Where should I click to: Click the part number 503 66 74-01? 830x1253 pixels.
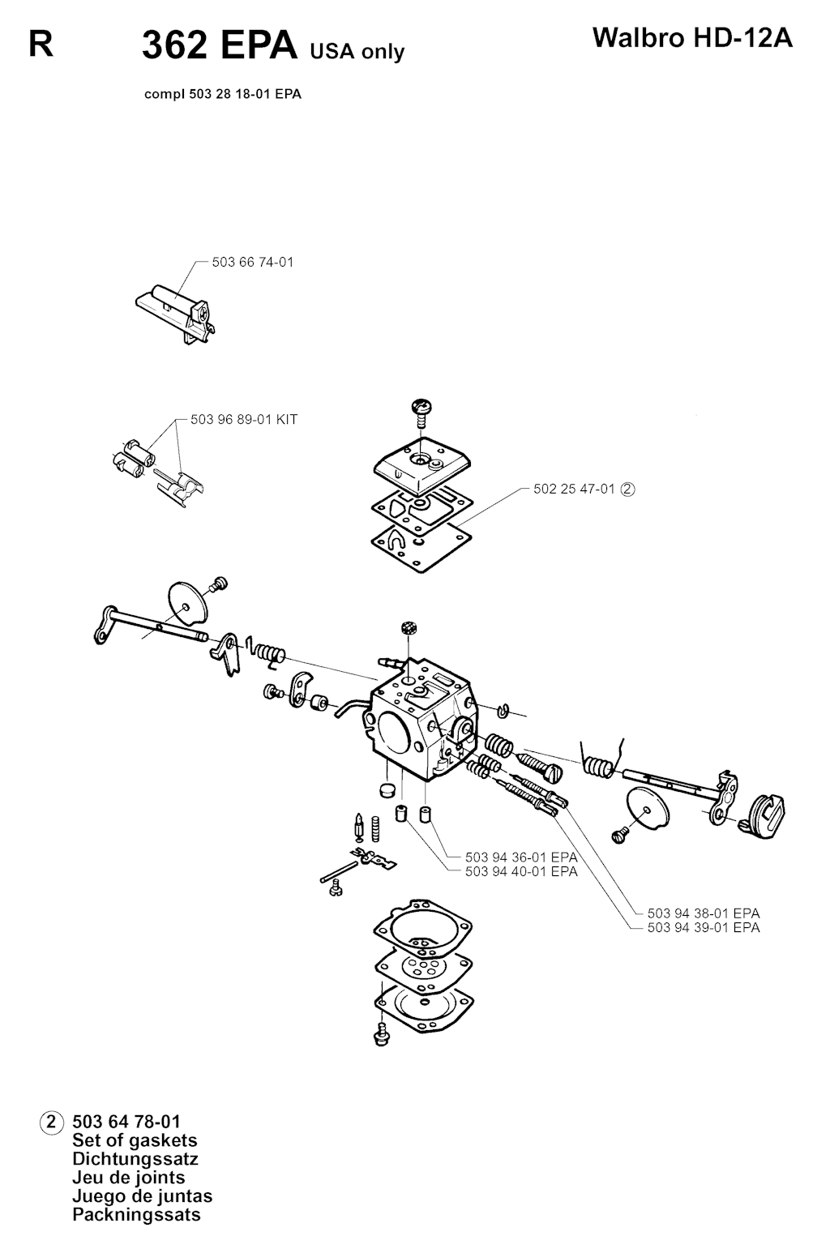(x=253, y=263)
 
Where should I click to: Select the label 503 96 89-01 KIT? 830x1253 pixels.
(x=244, y=420)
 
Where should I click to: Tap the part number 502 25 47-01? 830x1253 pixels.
(x=575, y=489)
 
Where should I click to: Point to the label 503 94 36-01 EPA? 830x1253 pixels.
(x=521, y=857)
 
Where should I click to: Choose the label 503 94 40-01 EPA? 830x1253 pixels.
(x=521, y=871)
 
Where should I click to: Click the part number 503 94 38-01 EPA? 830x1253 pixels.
(x=704, y=913)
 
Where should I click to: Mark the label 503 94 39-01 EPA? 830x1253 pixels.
(x=704, y=927)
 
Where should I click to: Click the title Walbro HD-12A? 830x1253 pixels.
(x=692, y=39)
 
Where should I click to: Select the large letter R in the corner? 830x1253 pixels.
(x=41, y=45)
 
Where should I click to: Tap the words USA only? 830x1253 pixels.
(x=357, y=51)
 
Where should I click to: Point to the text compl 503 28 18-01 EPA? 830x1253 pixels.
(x=223, y=94)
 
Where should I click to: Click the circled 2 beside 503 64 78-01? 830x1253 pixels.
(x=51, y=1122)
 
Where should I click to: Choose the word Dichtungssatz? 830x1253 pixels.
(x=135, y=1158)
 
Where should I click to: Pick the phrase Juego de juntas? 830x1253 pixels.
(x=142, y=1196)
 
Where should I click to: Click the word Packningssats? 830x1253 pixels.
(x=136, y=1214)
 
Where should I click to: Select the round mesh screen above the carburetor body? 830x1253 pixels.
(x=410, y=627)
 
